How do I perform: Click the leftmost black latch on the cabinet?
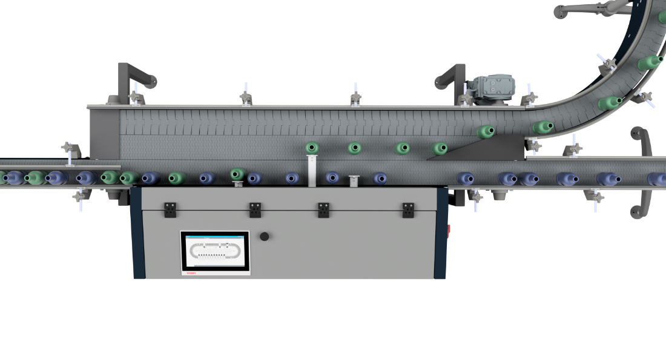170,209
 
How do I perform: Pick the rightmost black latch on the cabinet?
408,209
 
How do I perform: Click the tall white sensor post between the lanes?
312,170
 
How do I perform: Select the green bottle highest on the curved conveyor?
653,62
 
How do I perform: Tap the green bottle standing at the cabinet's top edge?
238,174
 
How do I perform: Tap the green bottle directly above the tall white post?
312,147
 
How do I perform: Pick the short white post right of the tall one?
354,180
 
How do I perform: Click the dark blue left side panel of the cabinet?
136,233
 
